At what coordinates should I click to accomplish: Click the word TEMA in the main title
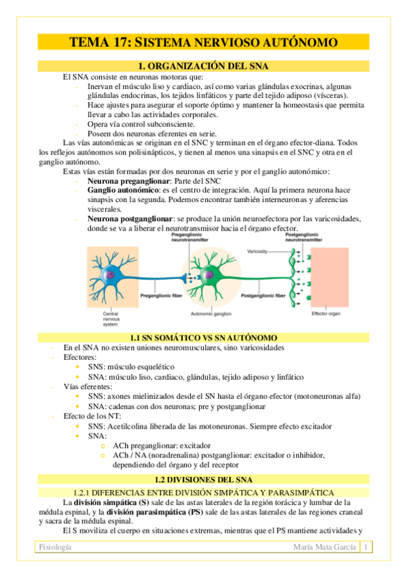91,43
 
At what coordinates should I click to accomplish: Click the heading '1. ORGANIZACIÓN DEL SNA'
203,66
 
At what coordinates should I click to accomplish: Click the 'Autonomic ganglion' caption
211,314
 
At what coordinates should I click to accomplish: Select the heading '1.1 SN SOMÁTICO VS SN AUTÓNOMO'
203,337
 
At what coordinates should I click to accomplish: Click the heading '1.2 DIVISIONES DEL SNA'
203,478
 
